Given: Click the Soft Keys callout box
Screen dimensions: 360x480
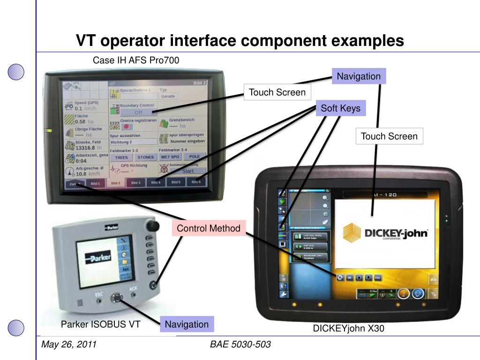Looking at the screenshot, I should tap(340, 109).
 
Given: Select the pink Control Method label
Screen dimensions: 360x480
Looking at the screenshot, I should tap(209, 228).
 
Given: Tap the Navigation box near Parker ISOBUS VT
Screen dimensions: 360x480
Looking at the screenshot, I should tap(187, 324).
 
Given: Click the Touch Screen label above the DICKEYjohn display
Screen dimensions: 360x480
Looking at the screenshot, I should tap(389, 136).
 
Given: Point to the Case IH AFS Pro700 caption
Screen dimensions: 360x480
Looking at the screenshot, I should tap(136, 60).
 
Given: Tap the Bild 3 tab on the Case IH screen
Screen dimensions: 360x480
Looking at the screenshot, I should tap(135, 183).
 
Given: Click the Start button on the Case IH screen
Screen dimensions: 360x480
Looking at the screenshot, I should tap(187, 171).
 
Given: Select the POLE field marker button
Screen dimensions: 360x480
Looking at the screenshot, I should tap(195, 157).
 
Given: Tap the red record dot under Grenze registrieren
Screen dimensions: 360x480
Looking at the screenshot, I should tap(127, 127).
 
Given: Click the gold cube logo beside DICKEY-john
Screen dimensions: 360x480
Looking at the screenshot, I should tap(352, 233).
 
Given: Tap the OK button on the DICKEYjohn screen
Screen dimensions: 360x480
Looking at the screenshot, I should tap(349, 277).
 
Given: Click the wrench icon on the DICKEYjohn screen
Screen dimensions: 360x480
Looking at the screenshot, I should tap(283, 294).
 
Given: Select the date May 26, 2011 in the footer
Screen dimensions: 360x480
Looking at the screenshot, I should tap(69, 345).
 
